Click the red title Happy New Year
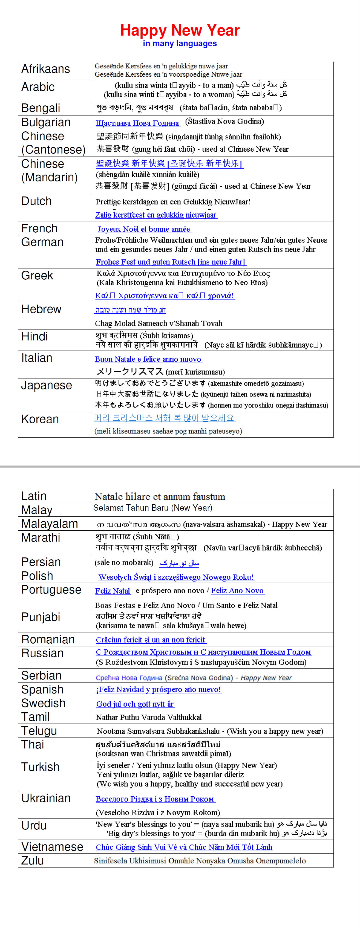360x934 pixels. (x=180, y=30)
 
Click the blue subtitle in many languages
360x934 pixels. (x=180, y=44)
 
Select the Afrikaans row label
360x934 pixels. (x=46, y=69)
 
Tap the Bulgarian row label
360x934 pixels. (x=46, y=122)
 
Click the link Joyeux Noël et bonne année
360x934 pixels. (x=144, y=229)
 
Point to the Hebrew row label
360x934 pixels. (x=41, y=309)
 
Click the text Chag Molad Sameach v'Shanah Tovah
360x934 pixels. (x=159, y=323)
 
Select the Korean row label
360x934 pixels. (x=40, y=419)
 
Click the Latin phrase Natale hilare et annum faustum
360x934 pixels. (x=160, y=496)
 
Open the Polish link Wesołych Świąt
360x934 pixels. (x=176, y=577)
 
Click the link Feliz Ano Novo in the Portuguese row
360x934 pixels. (x=237, y=591)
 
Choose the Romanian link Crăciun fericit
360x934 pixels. (x=151, y=640)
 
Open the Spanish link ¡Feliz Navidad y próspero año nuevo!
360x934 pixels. (x=159, y=689)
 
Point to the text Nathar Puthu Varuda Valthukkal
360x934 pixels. (x=149, y=717)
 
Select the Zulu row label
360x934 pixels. (x=33, y=860)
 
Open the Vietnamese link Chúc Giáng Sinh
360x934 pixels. (x=184, y=847)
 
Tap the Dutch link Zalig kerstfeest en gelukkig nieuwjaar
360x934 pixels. (x=156, y=215)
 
